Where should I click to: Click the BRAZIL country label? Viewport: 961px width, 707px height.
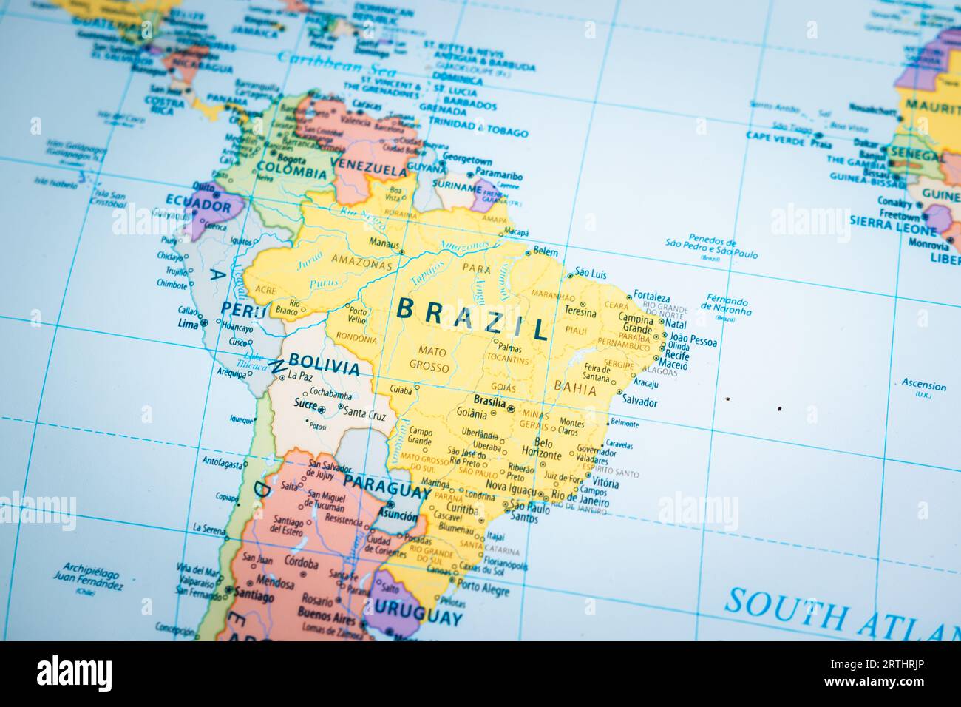click(473, 317)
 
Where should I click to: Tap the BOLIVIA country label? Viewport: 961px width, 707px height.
click(325, 363)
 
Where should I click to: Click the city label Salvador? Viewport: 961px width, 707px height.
click(639, 402)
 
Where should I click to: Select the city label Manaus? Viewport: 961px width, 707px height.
click(384, 244)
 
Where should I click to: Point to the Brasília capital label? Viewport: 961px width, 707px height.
click(489, 400)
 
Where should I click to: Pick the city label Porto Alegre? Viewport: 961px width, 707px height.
click(483, 590)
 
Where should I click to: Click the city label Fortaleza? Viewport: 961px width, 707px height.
click(651, 297)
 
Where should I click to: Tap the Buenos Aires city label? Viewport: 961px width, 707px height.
click(326, 615)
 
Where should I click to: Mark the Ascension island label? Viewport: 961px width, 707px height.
click(923, 385)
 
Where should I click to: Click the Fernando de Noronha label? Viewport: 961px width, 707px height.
click(726, 307)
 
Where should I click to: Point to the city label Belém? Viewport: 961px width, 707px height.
click(546, 251)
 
